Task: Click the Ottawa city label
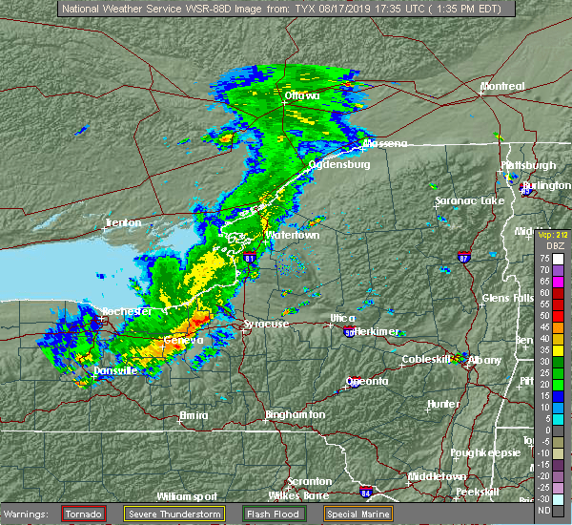[x=300, y=95]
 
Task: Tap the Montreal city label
[x=501, y=86]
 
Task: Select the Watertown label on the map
[x=293, y=234]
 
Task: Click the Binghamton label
[x=295, y=414]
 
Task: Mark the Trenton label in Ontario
[x=123, y=222]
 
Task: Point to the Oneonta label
[x=367, y=381]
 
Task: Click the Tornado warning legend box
[x=84, y=514]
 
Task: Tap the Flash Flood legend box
[x=283, y=514]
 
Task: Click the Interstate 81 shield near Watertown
[x=250, y=257]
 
